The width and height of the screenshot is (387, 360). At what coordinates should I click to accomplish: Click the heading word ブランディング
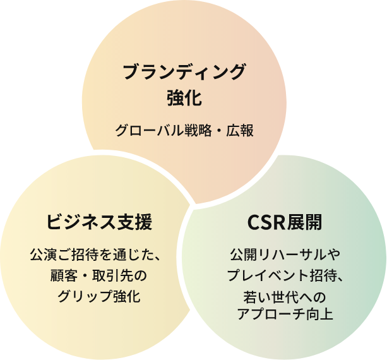pos(184,72)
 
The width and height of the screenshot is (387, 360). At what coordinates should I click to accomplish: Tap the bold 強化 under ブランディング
pos(184,98)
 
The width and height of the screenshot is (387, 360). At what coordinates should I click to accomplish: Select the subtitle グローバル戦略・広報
pos(184,130)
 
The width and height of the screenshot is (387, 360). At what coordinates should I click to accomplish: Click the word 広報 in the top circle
pos(240,130)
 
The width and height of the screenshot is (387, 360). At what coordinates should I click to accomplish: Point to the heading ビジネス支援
pos(99,222)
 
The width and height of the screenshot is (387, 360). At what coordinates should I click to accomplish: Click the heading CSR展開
pos(285,222)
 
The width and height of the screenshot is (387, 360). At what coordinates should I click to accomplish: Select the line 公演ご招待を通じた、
pos(96,255)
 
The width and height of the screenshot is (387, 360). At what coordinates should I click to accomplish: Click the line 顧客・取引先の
pos(98,275)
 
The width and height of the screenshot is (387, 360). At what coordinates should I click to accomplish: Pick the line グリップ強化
pos(99,296)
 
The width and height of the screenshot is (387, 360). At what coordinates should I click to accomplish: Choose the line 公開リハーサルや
pos(285,255)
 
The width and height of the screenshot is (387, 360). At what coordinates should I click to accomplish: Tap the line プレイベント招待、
pos(285,275)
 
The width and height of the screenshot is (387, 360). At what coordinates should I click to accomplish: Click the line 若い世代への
pos(285,297)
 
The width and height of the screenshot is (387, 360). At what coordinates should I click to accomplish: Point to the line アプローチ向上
pos(285,314)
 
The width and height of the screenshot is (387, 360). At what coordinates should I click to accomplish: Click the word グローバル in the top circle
pos(150,130)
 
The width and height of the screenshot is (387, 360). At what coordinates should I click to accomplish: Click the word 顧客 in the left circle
pos(64,275)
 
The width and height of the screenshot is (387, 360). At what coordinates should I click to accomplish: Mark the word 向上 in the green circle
pos(320,314)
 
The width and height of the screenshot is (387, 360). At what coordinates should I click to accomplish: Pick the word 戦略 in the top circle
pos(198,130)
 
